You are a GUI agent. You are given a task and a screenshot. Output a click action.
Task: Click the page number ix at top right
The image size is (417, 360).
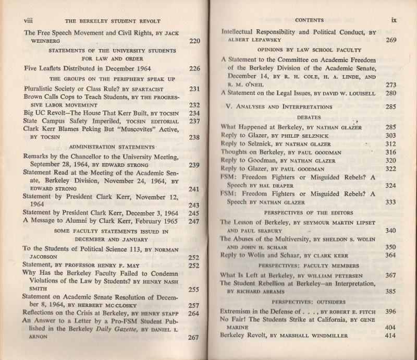[x=394, y=20]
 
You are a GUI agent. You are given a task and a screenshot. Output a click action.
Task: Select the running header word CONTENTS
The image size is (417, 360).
[x=309, y=20]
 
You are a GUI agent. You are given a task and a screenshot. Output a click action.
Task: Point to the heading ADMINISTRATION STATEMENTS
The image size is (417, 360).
[x=112, y=147]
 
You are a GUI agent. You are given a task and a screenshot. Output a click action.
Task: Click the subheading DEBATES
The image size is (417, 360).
[x=310, y=117]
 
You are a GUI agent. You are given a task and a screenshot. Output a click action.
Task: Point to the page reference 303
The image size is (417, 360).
[x=391, y=136]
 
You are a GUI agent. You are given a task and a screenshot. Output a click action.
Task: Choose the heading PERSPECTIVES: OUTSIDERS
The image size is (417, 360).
[x=309, y=302]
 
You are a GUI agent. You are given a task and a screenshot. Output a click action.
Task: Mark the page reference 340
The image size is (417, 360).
[x=391, y=230]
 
